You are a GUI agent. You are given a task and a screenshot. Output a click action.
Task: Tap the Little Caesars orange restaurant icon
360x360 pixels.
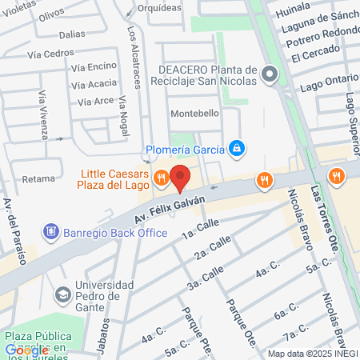click(x=161, y=178)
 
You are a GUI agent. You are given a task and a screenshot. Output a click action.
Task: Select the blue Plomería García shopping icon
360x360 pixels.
click(x=237, y=148)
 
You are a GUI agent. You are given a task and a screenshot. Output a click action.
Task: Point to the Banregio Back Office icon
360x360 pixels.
click(x=52, y=232)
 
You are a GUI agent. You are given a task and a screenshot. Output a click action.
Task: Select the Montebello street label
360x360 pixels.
click(x=194, y=114)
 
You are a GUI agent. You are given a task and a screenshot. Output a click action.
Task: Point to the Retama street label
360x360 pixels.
click(x=38, y=178)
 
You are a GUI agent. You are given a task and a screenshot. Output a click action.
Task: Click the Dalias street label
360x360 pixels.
click(x=71, y=34)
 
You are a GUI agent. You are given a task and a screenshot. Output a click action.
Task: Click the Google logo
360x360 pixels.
click(x=26, y=350)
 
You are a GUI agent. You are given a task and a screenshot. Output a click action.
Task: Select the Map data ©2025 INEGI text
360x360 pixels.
click(x=311, y=354)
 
